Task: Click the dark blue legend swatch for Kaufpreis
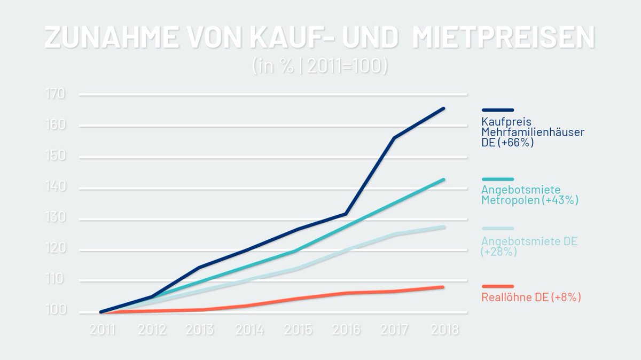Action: click(x=497, y=110)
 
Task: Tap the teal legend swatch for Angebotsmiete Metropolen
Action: click(x=497, y=179)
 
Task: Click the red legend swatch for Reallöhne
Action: click(x=497, y=287)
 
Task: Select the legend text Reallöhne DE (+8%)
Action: click(x=530, y=298)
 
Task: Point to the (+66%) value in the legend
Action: click(x=515, y=143)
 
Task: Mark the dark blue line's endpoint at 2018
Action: click(x=443, y=108)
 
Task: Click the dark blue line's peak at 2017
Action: click(x=394, y=138)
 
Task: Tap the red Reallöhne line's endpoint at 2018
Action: click(x=443, y=287)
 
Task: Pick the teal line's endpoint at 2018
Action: click(x=443, y=179)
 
